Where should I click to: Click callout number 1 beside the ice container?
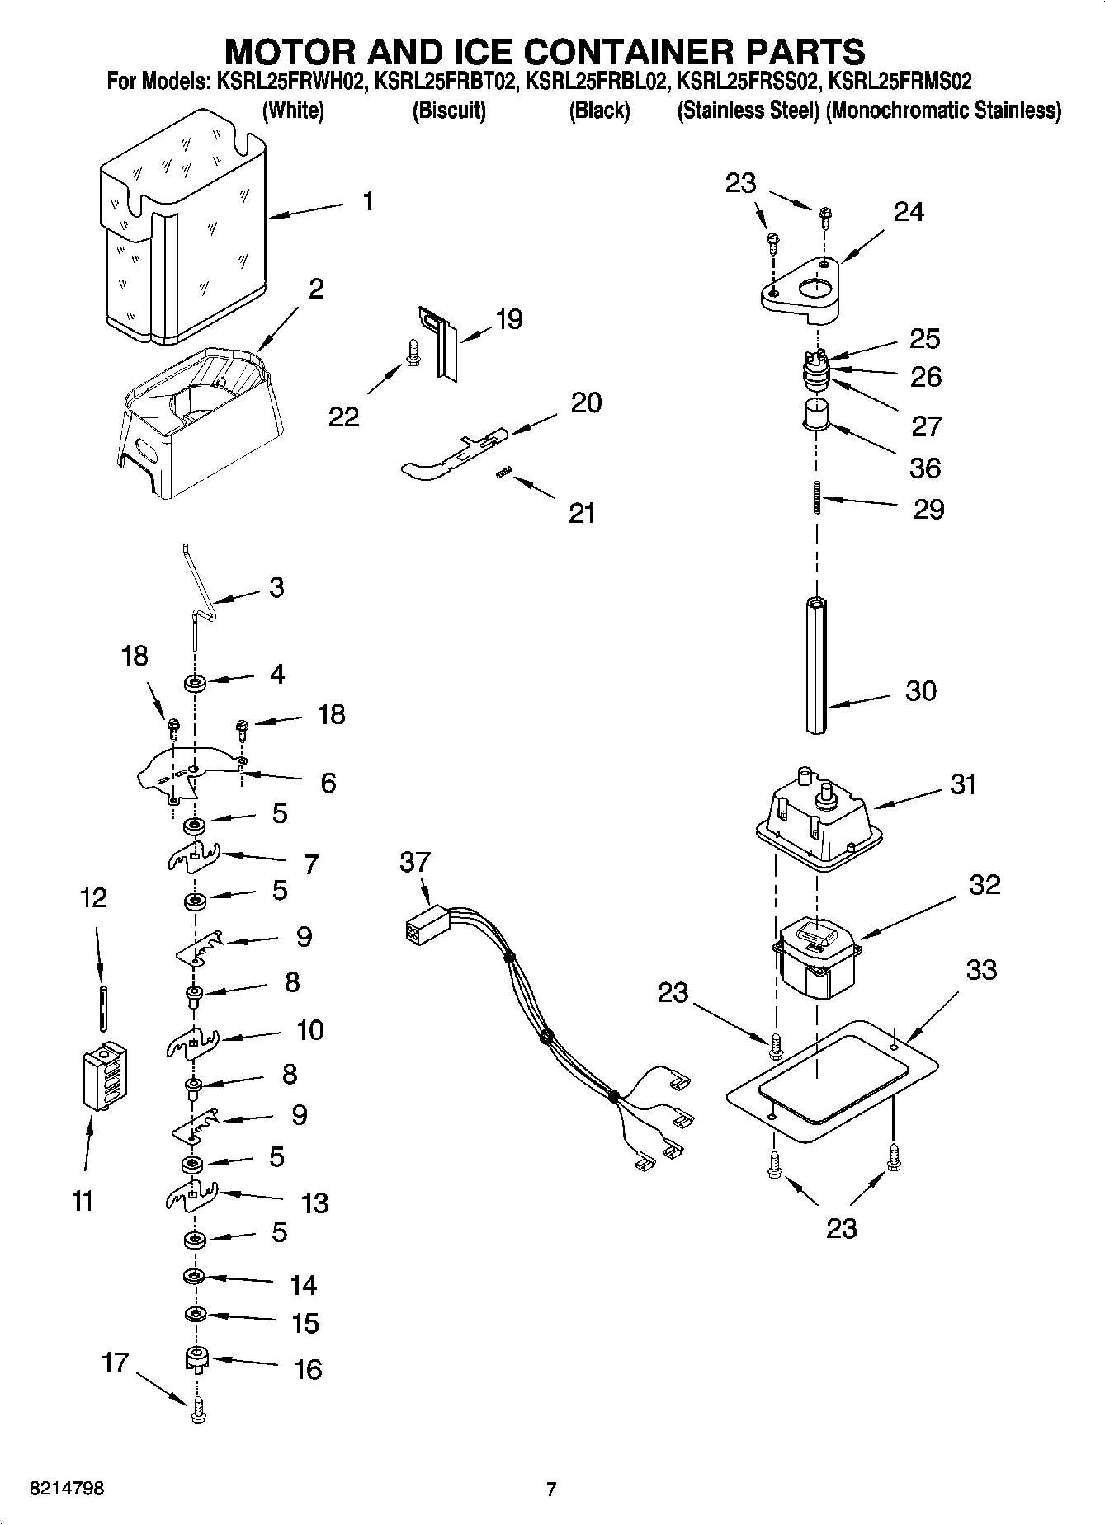(x=367, y=200)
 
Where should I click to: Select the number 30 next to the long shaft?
(x=921, y=690)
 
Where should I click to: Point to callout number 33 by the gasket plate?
(x=981, y=969)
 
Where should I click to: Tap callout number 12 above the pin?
(x=93, y=897)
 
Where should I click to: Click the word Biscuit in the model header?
(x=449, y=111)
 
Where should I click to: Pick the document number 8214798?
(x=66, y=1489)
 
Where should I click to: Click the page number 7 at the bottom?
(x=551, y=1489)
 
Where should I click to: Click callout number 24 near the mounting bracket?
(x=909, y=212)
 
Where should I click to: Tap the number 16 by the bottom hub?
(x=307, y=1370)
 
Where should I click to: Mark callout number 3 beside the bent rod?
(x=276, y=587)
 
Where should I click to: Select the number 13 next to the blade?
(x=315, y=1203)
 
